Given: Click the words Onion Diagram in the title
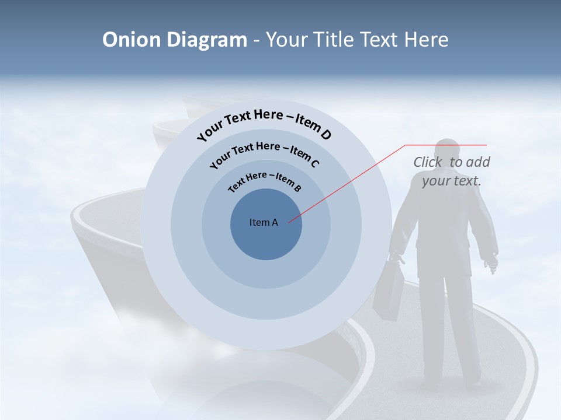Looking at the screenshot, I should pos(174,40).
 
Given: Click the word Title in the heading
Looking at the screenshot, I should pos(334,40).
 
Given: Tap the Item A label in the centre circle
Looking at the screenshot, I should pos(264,222).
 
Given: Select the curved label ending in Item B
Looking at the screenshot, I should pos(265,180).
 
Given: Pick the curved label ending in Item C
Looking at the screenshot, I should pos(264,153).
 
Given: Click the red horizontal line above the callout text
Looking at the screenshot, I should pos(446,145).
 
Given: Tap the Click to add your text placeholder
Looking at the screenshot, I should pos(451,171).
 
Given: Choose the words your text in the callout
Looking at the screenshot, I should pos(451,181).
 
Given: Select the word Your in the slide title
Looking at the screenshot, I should pos(288,40).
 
